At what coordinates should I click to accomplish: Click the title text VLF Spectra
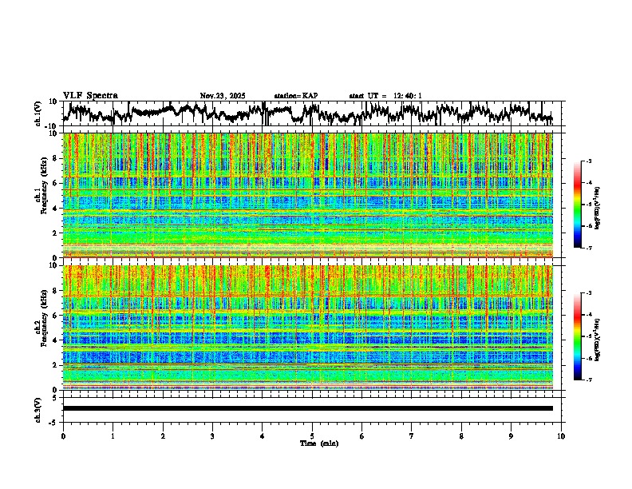pos(90,95)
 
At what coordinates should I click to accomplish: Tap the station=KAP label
pos(296,96)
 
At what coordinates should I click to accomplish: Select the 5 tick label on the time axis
pos(312,435)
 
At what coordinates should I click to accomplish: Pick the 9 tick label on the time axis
pos(512,435)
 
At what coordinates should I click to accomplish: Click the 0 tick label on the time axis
pos(63,435)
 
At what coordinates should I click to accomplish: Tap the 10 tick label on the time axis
pos(561,435)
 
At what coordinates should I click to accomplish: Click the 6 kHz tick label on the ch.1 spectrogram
pos(57,184)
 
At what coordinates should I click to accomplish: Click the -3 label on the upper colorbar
pos(589,162)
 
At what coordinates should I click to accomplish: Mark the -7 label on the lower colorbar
pos(589,380)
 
